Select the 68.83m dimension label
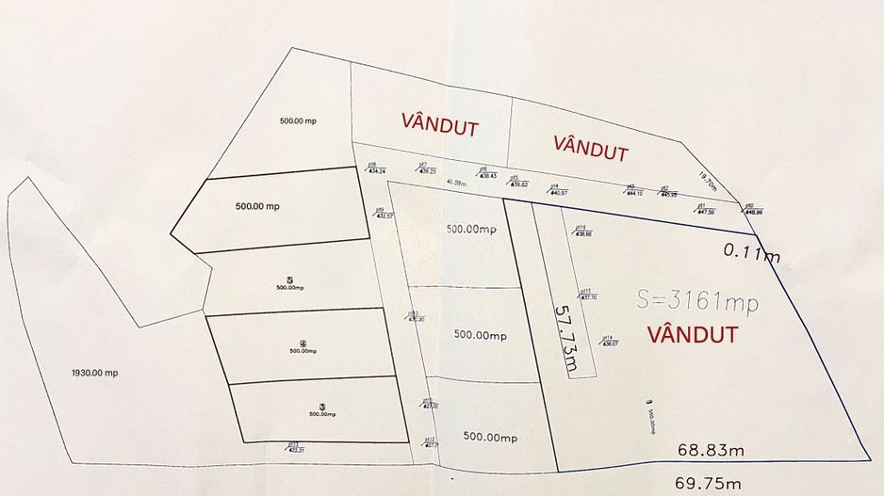click(x=711, y=451)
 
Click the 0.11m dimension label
click(x=752, y=250)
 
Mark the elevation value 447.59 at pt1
click(x=705, y=212)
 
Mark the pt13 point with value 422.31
click(x=293, y=446)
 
